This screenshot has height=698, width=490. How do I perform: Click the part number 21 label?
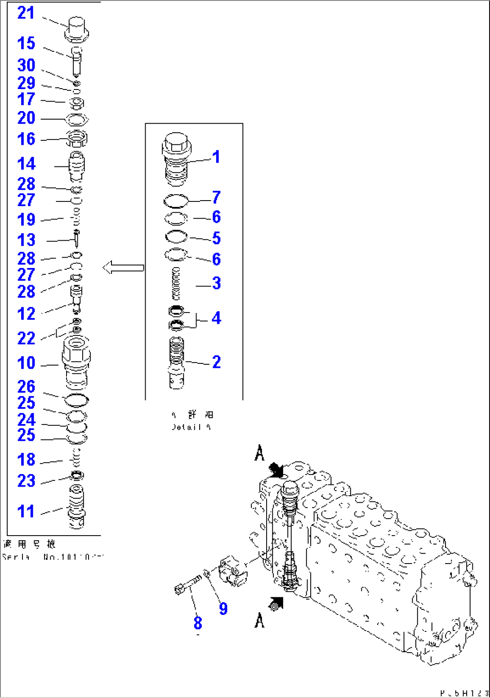pos(26,13)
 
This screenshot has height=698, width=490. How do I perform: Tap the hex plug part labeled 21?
pos(77,28)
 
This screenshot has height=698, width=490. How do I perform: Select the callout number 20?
pos(26,118)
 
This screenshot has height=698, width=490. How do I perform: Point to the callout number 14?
pos(26,164)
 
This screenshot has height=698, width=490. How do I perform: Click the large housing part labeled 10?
pos(76,362)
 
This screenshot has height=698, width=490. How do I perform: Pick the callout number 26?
pos(26,386)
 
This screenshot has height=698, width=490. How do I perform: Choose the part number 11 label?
pos(26,511)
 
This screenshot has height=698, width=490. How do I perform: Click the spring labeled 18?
pos(77,459)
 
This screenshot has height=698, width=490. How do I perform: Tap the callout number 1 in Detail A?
pos(216,157)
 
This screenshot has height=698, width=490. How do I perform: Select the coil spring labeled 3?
pos(176,283)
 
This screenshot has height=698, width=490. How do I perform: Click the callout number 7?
pos(216,197)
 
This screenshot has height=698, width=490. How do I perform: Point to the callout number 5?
pos(216,238)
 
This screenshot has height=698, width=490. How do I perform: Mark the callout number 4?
pos(216,318)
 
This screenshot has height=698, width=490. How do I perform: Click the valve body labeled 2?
pos(176,362)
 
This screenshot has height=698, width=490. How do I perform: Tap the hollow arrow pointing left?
pos(123,268)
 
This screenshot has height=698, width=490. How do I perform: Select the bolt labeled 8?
pos(187,585)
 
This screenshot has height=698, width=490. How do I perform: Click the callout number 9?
pos(223,609)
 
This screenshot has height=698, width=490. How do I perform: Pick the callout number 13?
pos(26,240)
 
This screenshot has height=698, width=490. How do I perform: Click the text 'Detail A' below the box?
pos(191,427)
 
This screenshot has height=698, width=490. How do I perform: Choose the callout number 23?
pos(26,481)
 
